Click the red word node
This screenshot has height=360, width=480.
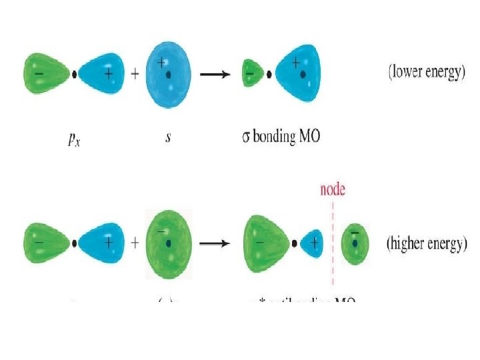click(x=332, y=189)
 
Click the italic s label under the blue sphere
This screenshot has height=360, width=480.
click(x=169, y=137)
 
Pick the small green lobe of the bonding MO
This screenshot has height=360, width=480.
click(x=251, y=73)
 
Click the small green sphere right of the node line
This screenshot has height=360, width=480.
click(x=355, y=243)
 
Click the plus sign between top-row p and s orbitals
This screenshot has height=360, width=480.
click(x=135, y=74)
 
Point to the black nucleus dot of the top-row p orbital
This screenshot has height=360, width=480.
click(x=74, y=74)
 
